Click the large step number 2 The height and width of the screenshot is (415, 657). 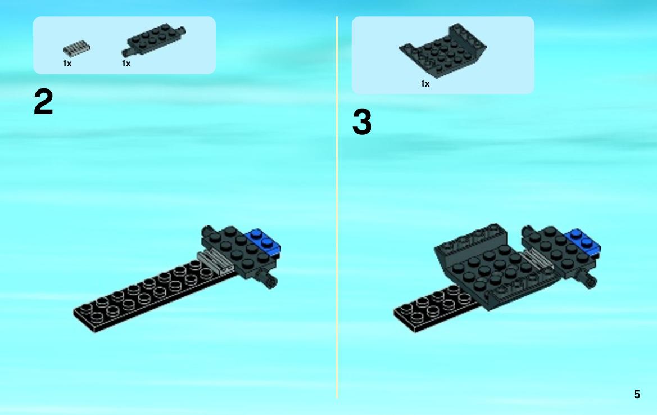click(x=43, y=102)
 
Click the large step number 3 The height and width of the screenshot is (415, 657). click(x=362, y=122)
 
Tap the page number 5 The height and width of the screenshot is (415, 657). click(x=637, y=394)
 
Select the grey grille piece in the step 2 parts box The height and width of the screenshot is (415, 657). click(x=76, y=48)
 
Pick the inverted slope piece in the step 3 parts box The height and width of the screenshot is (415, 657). click(x=443, y=50)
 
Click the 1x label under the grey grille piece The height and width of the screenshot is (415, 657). click(x=67, y=64)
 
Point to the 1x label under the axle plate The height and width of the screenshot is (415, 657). click(x=126, y=64)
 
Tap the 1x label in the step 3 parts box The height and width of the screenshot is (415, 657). click(x=425, y=84)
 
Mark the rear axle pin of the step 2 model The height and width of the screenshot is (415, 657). click(x=207, y=231)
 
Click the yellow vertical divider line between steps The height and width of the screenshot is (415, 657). click(x=337, y=207)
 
